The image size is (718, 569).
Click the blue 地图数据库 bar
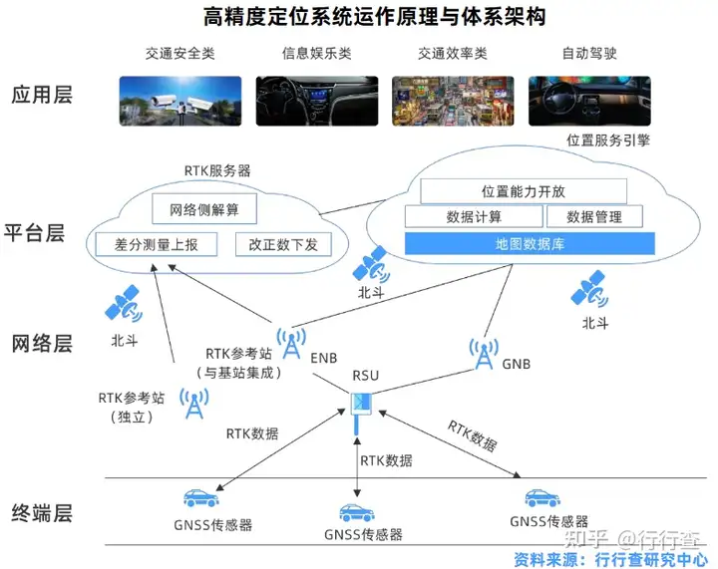pyautogui.click(x=530, y=244)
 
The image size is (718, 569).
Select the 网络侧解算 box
pyautogui.click(x=204, y=209)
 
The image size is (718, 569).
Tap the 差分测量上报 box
pyautogui.click(x=157, y=245)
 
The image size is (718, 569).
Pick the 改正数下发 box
pyautogui.click(x=283, y=245)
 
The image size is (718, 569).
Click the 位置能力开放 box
pyautogui.click(x=524, y=191)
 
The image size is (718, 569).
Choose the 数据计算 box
pyautogui.click(x=474, y=216)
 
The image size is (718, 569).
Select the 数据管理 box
pyautogui.click(x=594, y=216)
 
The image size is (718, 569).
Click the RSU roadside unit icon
pyautogui.click(x=360, y=412)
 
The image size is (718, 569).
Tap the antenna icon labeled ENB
pyautogui.click(x=291, y=343)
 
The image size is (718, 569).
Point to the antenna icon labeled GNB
pyautogui.click(x=484, y=354)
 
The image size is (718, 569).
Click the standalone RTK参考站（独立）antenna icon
pyautogui.click(x=194, y=404)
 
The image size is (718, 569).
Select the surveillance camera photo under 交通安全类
pyautogui.click(x=180, y=101)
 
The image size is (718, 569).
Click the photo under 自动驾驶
pyautogui.click(x=589, y=101)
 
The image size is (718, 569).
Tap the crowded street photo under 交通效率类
pyautogui.click(x=453, y=101)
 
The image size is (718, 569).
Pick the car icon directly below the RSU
pyautogui.click(x=357, y=513)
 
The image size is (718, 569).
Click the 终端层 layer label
pyautogui.click(x=42, y=513)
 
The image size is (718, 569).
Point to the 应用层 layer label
pyautogui.click(x=42, y=95)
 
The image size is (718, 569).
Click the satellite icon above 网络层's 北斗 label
pyautogui.click(x=124, y=303)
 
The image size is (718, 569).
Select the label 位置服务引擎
pyautogui.click(x=608, y=140)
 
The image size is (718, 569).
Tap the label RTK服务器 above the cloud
pyautogui.click(x=217, y=170)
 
